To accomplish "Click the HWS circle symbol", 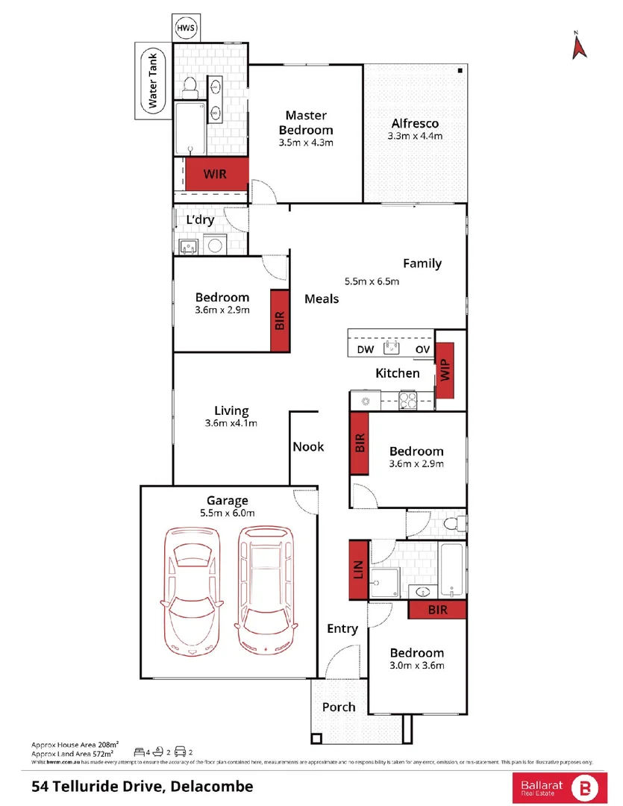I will pyautogui.click(x=185, y=28).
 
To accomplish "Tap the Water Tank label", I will pyautogui.click(x=153, y=81).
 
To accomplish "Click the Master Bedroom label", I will pyautogui.click(x=306, y=122).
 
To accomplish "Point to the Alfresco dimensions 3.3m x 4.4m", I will pyautogui.click(x=415, y=137).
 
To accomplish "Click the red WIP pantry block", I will pyautogui.click(x=445, y=370).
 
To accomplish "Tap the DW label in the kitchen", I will pyautogui.click(x=366, y=349).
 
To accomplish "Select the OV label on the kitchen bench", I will pyautogui.click(x=422, y=349).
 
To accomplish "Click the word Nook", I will pyautogui.click(x=308, y=446).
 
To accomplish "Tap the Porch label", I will pyautogui.click(x=339, y=707).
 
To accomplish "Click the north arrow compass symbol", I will pyautogui.click(x=577, y=46).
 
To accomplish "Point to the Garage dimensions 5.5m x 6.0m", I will pyautogui.click(x=227, y=513).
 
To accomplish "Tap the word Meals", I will pyautogui.click(x=322, y=299).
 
